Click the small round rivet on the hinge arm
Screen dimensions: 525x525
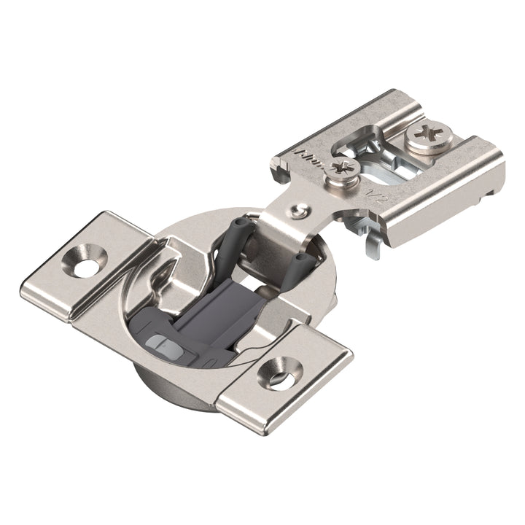coord(295,211)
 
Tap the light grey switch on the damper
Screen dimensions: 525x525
coord(160,342)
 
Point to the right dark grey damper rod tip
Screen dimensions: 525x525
coord(300,260)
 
